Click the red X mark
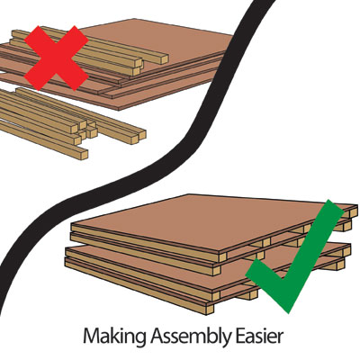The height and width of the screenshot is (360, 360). (56, 58)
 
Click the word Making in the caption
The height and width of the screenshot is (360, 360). (115, 337)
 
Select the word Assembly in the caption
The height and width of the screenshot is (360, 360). (191, 337)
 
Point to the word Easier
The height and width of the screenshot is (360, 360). (259, 336)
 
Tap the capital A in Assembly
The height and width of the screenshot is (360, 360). (157, 336)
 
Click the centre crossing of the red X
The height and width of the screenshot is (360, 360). (56, 58)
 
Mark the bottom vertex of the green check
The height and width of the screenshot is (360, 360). (288, 311)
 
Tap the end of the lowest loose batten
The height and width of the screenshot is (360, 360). (84, 154)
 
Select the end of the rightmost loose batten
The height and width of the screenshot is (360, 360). (142, 134)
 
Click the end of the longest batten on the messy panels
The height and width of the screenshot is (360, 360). (165, 59)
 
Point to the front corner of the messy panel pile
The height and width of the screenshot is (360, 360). (120, 109)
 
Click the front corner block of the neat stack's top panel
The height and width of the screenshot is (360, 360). (222, 256)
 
